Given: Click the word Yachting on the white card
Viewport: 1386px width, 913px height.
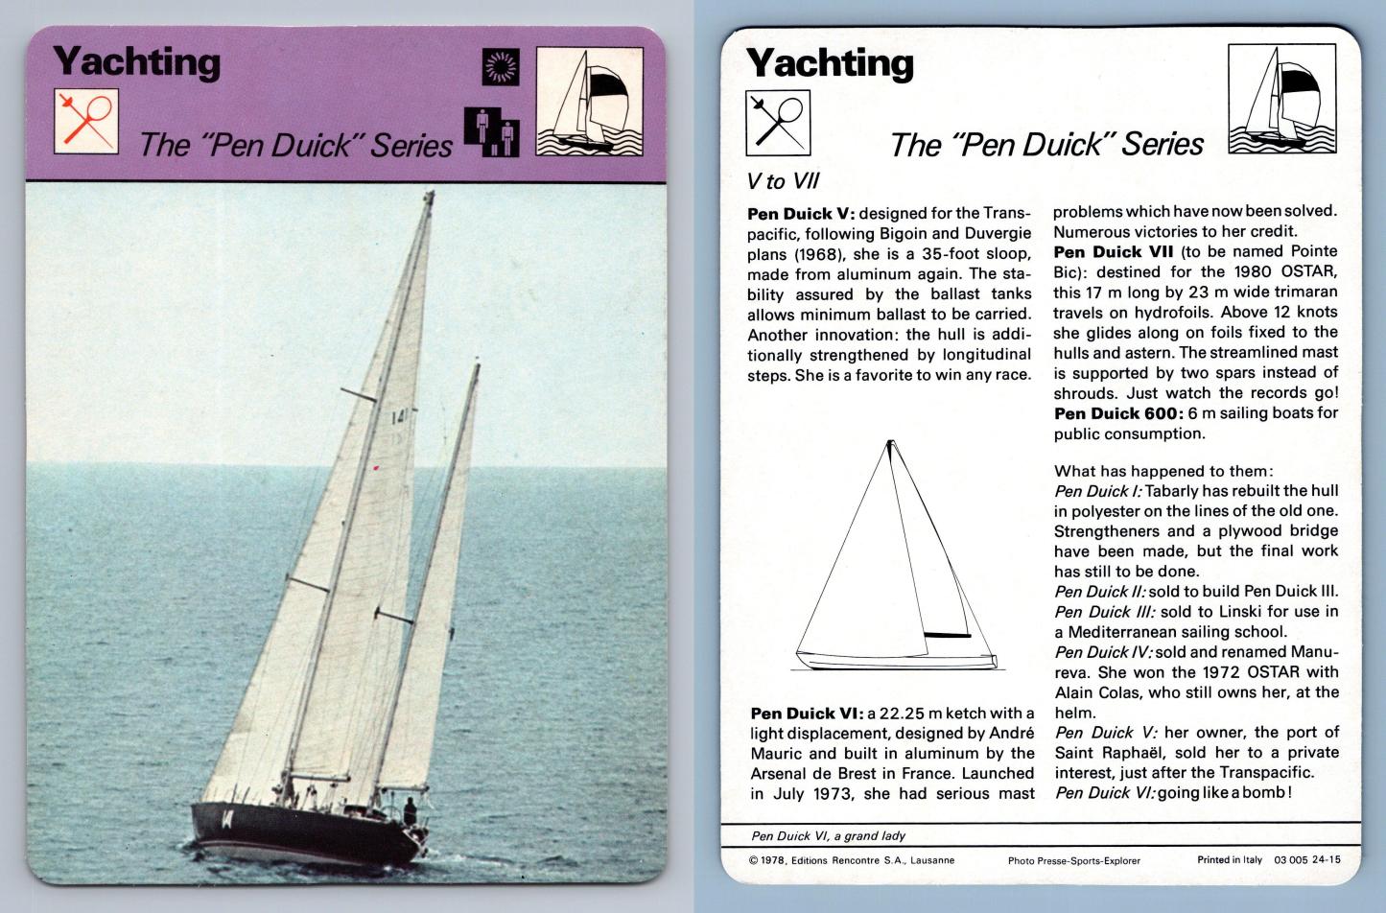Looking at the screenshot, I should coord(830,63).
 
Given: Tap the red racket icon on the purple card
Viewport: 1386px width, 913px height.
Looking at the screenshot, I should coord(86,121).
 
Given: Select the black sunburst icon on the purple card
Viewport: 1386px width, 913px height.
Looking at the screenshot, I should coord(500,66).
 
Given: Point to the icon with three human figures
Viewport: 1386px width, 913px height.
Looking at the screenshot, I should coord(492,131).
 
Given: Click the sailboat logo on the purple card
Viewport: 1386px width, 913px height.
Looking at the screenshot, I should coord(589,102).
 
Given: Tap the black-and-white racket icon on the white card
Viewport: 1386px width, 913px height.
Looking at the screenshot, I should coord(778,122).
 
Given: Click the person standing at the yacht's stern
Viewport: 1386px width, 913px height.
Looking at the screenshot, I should coord(410,810).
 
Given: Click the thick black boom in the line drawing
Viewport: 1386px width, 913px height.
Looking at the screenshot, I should coord(947,635).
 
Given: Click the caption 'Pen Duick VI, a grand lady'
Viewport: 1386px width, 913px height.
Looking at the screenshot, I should coord(828,835).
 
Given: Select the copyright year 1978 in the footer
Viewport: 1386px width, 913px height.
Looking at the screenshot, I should coord(771,860).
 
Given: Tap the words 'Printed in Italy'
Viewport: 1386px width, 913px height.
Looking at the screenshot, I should coord(1230,860).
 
